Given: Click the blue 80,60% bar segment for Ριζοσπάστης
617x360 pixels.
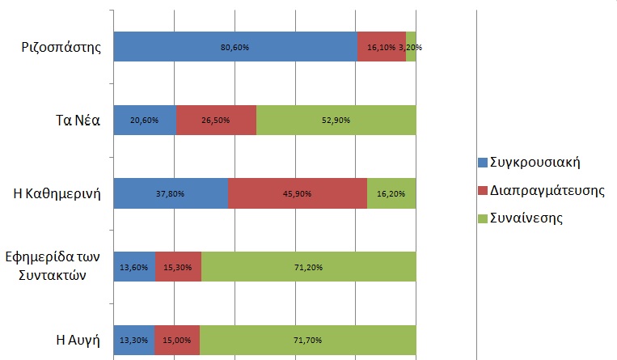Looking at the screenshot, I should click(x=235, y=47).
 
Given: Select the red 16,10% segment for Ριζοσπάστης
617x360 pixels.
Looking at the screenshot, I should click(x=381, y=47).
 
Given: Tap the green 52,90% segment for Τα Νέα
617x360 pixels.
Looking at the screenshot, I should click(x=336, y=120).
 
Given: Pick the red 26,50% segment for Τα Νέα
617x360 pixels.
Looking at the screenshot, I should click(x=216, y=120).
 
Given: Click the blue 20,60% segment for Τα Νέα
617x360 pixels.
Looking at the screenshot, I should click(x=145, y=120).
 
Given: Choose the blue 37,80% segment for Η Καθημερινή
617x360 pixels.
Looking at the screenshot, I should click(x=171, y=193).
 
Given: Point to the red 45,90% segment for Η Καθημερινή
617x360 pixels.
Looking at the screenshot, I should click(x=298, y=193).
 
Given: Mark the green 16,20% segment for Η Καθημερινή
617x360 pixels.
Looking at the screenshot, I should click(x=391, y=193).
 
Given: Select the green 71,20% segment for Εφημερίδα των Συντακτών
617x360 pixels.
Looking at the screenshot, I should click(x=308, y=266).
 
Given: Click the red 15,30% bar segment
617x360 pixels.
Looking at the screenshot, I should click(x=178, y=266).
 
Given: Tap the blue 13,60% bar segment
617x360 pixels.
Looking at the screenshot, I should click(x=134, y=266).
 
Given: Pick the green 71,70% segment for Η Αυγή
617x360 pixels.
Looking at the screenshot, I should click(x=307, y=340).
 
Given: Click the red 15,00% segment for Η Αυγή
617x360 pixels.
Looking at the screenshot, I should click(x=176, y=340).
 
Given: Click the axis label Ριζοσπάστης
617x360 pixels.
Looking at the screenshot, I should click(x=61, y=47).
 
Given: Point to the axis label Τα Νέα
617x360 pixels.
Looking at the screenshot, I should click(x=72, y=121).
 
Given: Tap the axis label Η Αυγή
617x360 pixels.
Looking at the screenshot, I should click(x=76, y=340).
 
